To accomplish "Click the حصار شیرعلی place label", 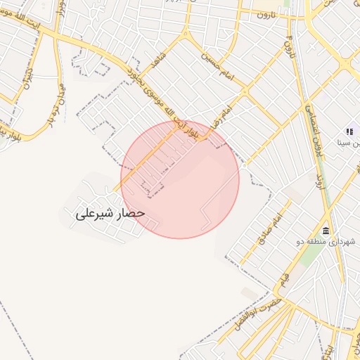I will (x=110, y=212).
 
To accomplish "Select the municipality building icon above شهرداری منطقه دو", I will (x=326, y=231).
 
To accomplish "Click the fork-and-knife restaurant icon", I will (x=349, y=131).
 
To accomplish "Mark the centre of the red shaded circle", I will (x=180, y=179).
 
